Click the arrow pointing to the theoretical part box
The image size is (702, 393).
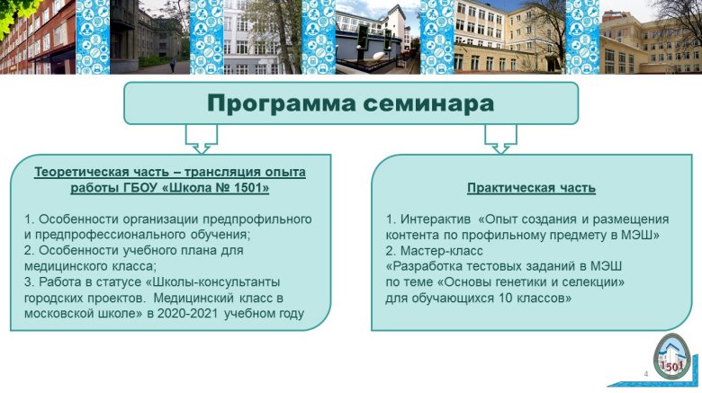click(202, 139)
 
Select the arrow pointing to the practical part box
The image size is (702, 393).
click(500, 139)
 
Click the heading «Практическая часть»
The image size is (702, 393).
click(531, 188)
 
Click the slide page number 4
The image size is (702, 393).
click(645, 374)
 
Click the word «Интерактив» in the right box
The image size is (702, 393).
click(436, 219)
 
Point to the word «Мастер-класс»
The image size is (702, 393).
click(441, 251)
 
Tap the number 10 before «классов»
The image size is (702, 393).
click(505, 298)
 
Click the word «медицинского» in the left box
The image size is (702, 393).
click(58, 267)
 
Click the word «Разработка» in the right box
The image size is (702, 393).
click(424, 267)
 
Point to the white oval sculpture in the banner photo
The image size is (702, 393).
click(378, 56)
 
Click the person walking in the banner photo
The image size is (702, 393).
click(173, 67)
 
